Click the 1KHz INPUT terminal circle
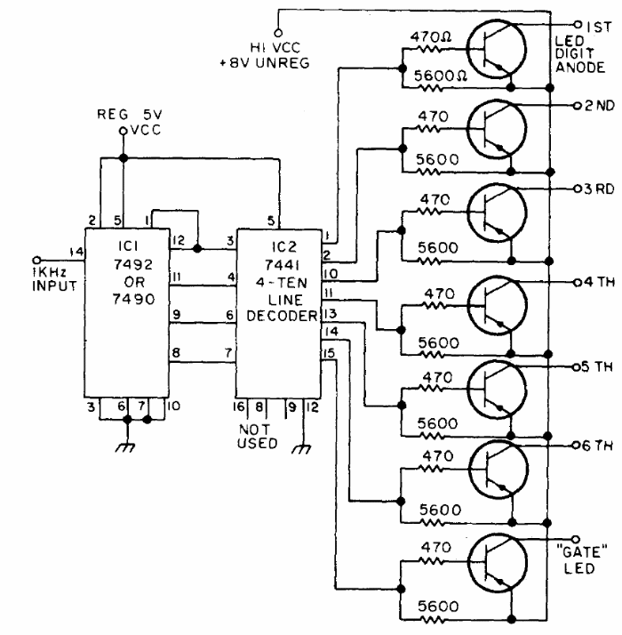(x=36, y=260)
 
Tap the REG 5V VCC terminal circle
(x=124, y=132)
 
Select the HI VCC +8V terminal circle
(x=278, y=33)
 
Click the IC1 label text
(x=128, y=245)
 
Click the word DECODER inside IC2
(x=282, y=316)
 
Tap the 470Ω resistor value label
(x=431, y=37)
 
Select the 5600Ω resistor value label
(x=441, y=76)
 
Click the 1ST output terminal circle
(x=578, y=24)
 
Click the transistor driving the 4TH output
(x=498, y=305)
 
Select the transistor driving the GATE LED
(x=498, y=563)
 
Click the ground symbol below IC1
(x=126, y=447)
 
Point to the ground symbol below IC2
(x=302, y=449)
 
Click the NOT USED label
(x=257, y=436)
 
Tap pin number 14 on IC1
(x=76, y=252)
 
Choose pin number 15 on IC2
(x=329, y=353)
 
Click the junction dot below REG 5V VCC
(x=124, y=158)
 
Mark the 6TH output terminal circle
(x=577, y=446)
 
